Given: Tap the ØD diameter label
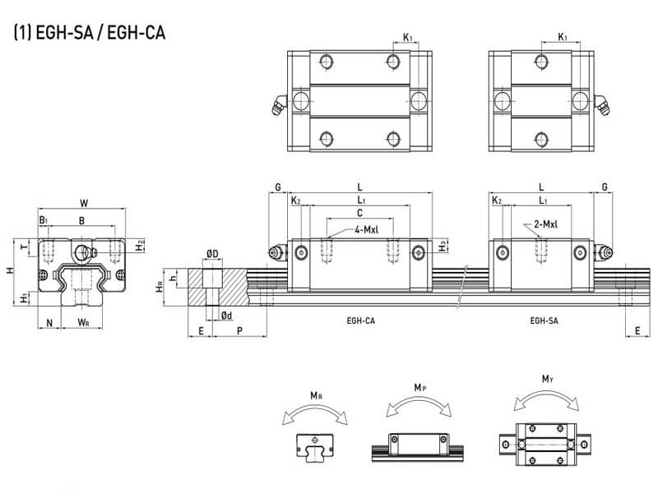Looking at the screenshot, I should [211, 253].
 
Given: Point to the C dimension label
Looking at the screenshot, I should [359, 213].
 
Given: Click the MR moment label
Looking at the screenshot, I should [316, 396].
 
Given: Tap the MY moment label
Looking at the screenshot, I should [547, 380].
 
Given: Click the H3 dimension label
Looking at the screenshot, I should [443, 245].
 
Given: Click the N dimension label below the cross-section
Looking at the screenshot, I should [50, 322].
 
